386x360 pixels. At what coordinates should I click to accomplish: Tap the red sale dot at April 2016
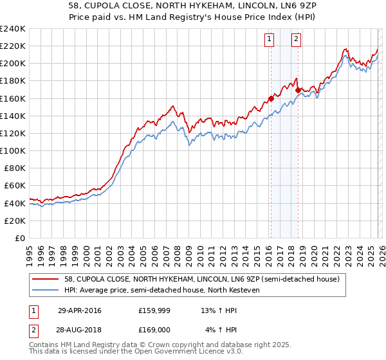pyautogui.click(x=271, y=98)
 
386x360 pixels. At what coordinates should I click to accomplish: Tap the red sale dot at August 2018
pyautogui.click(x=297, y=91)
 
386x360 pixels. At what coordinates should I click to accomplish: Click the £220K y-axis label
pyautogui.click(x=13, y=46)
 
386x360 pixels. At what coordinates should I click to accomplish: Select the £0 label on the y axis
pyautogui.click(x=19, y=238)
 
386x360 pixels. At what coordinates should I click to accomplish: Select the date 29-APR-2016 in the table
pyautogui.click(x=79, y=311)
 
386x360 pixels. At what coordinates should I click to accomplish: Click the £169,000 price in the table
pyautogui.click(x=154, y=330)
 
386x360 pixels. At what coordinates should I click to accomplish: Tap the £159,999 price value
pyautogui.click(x=154, y=311)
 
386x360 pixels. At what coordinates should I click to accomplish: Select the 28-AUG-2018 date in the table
pyautogui.click(x=80, y=330)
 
